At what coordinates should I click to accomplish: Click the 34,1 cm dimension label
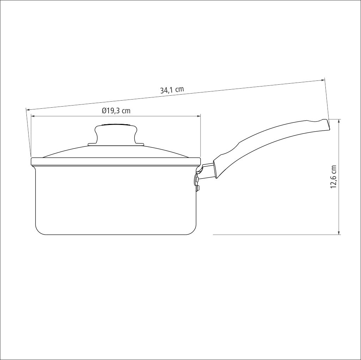(x=172, y=90)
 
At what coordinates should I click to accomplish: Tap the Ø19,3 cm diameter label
(x=116, y=111)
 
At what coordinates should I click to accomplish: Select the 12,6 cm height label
(x=334, y=177)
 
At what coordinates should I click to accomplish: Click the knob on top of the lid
(x=116, y=135)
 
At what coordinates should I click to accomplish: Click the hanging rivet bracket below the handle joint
(x=197, y=183)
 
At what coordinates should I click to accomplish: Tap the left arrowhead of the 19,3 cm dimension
(x=33, y=116)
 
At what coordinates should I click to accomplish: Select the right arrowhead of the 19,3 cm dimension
(x=199, y=116)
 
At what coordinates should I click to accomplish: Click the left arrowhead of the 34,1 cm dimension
(x=28, y=109)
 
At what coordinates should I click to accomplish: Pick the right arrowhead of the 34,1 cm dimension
(x=323, y=80)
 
